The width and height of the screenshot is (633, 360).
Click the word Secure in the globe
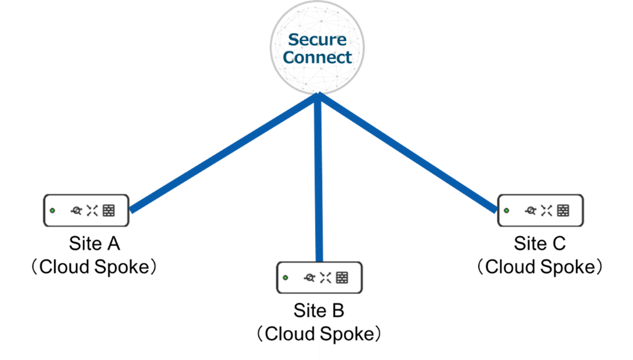317,40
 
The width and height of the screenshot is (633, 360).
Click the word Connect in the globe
317,57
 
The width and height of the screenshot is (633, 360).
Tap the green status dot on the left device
52,211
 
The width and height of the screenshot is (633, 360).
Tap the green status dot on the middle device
285,278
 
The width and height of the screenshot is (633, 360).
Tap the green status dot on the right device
506,210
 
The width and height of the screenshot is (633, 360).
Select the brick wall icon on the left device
109,211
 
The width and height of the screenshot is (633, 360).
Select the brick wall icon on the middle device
342,278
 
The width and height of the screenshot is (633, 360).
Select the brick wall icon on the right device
563,211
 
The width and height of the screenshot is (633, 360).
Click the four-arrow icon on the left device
92,211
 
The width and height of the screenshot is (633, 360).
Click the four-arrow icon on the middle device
325,278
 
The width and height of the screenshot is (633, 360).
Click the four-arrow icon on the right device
546,211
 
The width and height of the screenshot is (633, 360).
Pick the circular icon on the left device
77,211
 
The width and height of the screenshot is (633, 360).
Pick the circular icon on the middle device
310,278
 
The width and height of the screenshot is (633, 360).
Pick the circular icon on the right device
531,211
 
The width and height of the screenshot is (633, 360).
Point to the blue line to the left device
222,154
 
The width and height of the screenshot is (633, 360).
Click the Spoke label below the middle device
346,334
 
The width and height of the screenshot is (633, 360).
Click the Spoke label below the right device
567,267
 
